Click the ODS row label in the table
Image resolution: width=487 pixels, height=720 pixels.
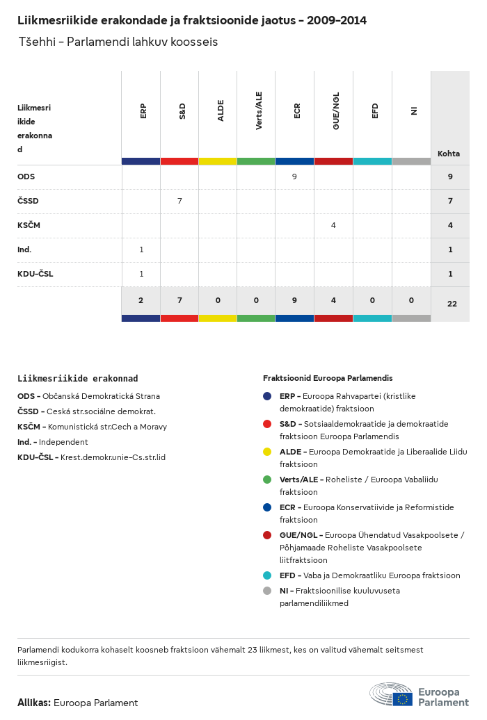tap(26, 177)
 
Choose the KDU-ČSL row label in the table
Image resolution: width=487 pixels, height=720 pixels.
tap(35, 274)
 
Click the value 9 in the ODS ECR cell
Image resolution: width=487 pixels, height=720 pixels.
tap(294, 177)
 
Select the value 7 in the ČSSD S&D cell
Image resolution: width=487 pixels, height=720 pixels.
tap(179, 201)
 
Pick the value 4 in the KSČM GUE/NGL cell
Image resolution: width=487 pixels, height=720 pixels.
tap(333, 225)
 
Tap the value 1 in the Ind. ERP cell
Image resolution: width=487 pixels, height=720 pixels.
tap(141, 249)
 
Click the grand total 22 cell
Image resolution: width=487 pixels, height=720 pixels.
tap(451, 304)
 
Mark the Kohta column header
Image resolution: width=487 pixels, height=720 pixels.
tap(449, 154)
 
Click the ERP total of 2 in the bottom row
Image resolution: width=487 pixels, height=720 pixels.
tap(141, 300)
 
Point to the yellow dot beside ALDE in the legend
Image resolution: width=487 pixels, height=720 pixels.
tap(267, 452)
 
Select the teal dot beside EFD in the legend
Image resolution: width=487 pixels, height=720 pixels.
tap(267, 575)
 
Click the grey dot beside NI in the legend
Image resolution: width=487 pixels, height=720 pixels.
tap(267, 591)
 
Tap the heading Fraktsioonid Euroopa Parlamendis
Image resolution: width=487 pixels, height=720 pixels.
tap(328, 379)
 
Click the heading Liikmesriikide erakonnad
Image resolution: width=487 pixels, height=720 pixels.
tap(77, 379)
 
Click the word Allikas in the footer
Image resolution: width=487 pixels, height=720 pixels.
tap(33, 703)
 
